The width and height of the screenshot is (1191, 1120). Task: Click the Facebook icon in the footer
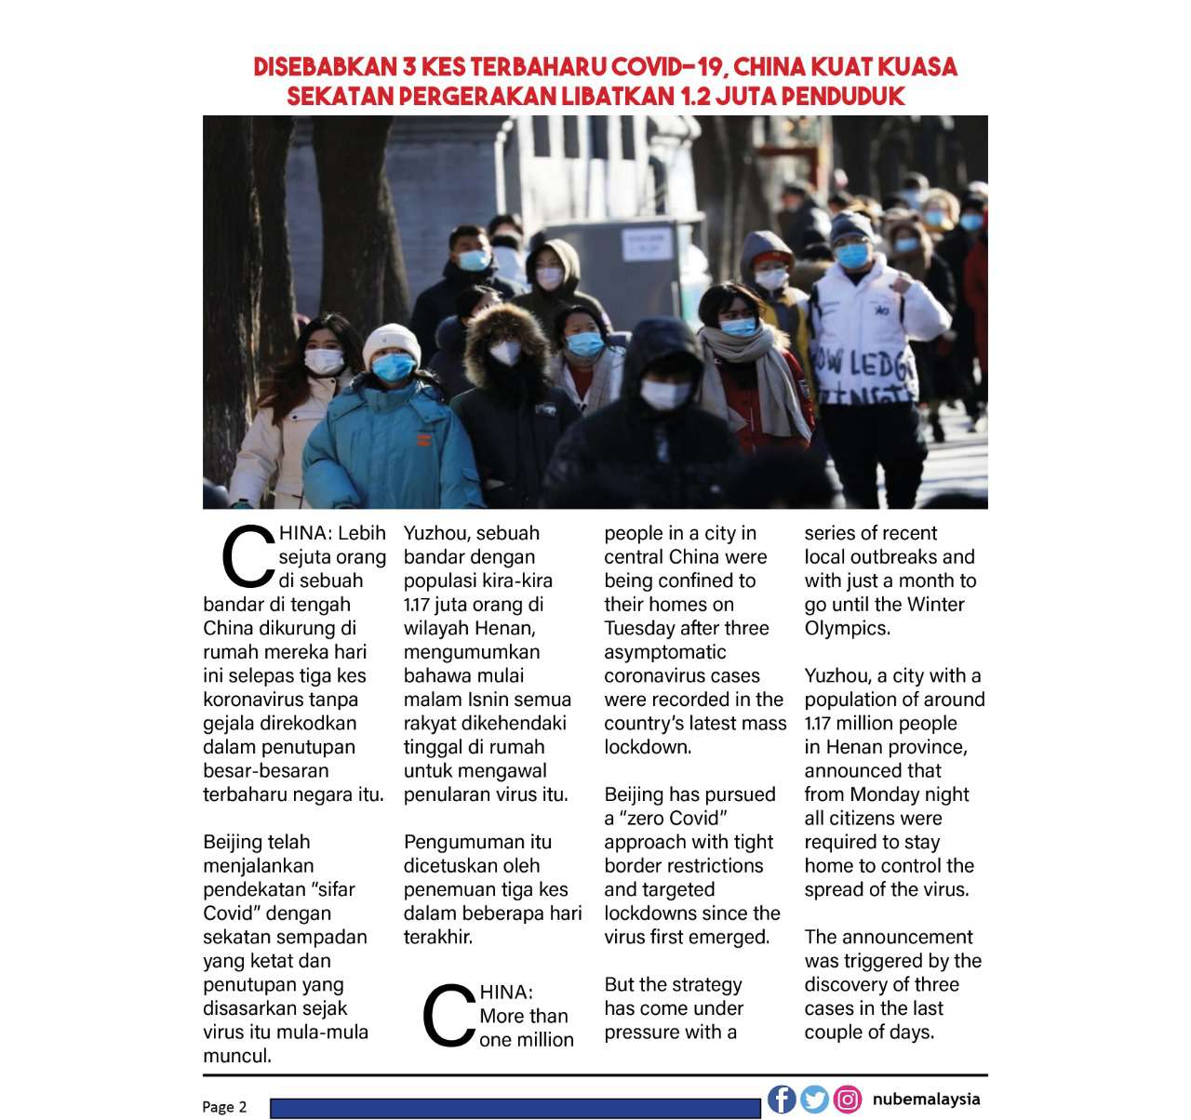[782, 1099]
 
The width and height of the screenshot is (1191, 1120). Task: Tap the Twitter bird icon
[814, 1100]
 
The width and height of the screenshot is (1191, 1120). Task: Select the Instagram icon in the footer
[847, 1100]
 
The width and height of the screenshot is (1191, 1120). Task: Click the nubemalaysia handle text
[926, 1099]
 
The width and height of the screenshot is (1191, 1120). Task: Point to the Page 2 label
[224, 1107]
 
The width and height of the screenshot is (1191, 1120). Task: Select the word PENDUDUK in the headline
[843, 97]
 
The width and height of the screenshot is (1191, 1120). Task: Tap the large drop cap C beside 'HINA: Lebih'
[247, 557]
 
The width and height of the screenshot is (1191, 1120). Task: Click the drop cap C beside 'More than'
[448, 1016]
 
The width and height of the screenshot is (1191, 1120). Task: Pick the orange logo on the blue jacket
[423, 439]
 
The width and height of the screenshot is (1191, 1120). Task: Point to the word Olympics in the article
[846, 628]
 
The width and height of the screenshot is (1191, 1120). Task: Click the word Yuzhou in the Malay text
[435, 533]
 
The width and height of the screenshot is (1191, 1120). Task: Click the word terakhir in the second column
[437, 937]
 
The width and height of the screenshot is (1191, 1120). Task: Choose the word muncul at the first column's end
[236, 1056]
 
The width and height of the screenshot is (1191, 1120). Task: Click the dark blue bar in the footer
[515, 1108]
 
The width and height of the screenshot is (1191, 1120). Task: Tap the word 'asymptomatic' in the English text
[664, 652]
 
